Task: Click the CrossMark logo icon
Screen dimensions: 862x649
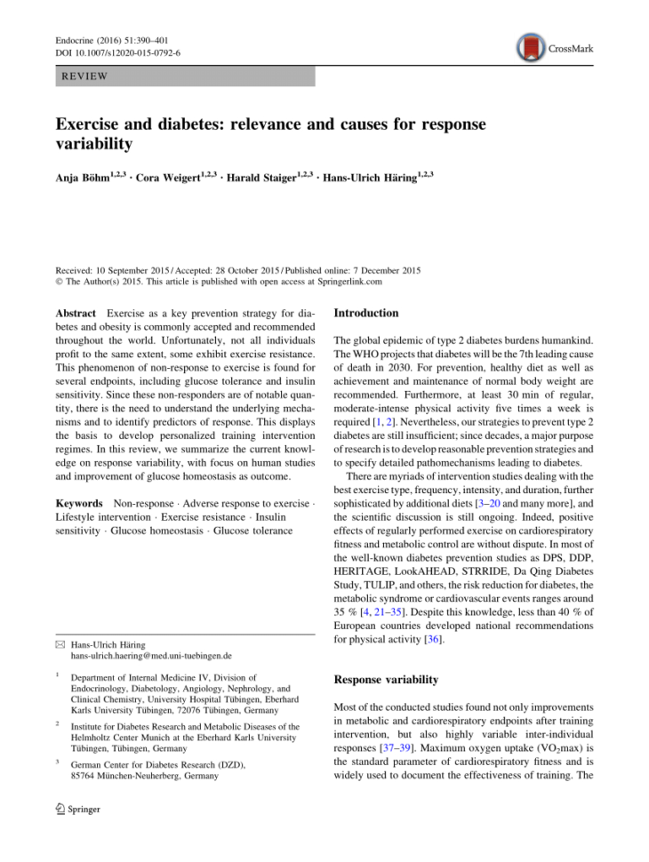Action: [533, 47]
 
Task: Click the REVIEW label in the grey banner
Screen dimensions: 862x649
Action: [84, 76]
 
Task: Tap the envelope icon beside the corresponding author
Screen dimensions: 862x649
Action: [60, 643]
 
